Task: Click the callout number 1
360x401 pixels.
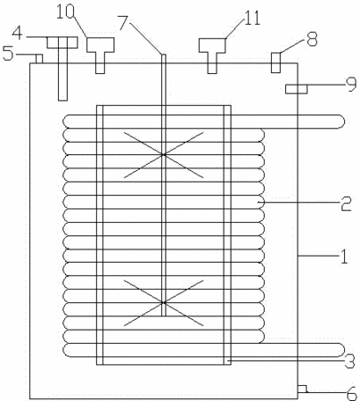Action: pyautogui.click(x=344, y=256)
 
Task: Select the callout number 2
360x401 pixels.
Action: pyautogui.click(x=346, y=203)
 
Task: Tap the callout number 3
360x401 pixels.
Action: pyautogui.click(x=349, y=361)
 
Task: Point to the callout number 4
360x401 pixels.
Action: pyautogui.click(x=17, y=33)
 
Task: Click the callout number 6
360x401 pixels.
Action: pyautogui.click(x=352, y=394)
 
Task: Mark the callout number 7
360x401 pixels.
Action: pyautogui.click(x=124, y=23)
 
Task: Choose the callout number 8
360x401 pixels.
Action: pyautogui.click(x=312, y=39)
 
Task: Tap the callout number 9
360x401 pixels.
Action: pyautogui.click(x=351, y=85)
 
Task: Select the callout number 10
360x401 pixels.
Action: pyautogui.click(x=65, y=12)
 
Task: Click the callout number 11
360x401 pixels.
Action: pyautogui.click(x=252, y=18)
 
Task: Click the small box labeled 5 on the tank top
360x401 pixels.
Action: pyautogui.click(x=39, y=59)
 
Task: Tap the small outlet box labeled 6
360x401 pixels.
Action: pyautogui.click(x=302, y=389)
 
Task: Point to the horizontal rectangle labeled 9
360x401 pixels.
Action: pyautogui.click(x=296, y=89)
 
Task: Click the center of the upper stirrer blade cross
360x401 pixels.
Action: pyautogui.click(x=163, y=154)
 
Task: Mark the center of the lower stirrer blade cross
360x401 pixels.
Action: pyautogui.click(x=163, y=303)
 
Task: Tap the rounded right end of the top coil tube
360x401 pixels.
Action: pyautogui.click(x=341, y=121)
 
